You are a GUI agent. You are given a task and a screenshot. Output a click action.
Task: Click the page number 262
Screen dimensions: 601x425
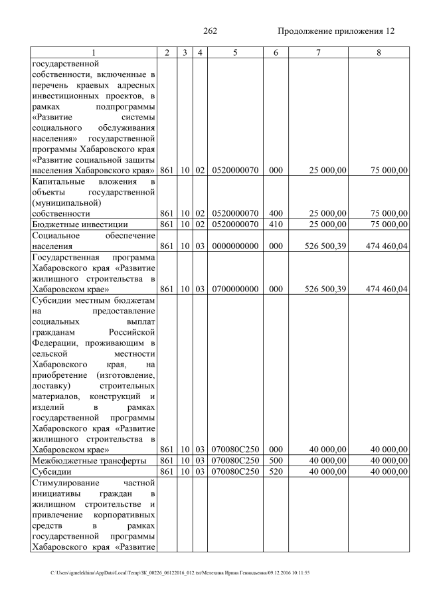[x=210, y=31]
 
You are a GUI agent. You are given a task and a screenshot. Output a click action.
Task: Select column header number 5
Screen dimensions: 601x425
[x=235, y=52]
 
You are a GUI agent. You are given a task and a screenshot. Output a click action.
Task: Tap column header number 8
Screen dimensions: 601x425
[x=378, y=52]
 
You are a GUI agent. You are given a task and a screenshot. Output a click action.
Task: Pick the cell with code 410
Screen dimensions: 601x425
[x=275, y=225]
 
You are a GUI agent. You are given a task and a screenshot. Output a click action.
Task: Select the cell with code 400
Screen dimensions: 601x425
[x=275, y=213]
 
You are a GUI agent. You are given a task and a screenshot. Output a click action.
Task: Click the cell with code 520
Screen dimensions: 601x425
[x=275, y=472]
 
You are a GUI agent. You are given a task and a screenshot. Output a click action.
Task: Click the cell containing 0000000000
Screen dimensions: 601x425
[x=235, y=247]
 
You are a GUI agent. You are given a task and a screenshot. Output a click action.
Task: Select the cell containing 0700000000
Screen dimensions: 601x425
[x=235, y=290]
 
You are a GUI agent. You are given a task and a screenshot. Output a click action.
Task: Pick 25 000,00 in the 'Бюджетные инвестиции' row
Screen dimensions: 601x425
[x=327, y=225]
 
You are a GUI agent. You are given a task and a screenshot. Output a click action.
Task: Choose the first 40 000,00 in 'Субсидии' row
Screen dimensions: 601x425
[x=327, y=472]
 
